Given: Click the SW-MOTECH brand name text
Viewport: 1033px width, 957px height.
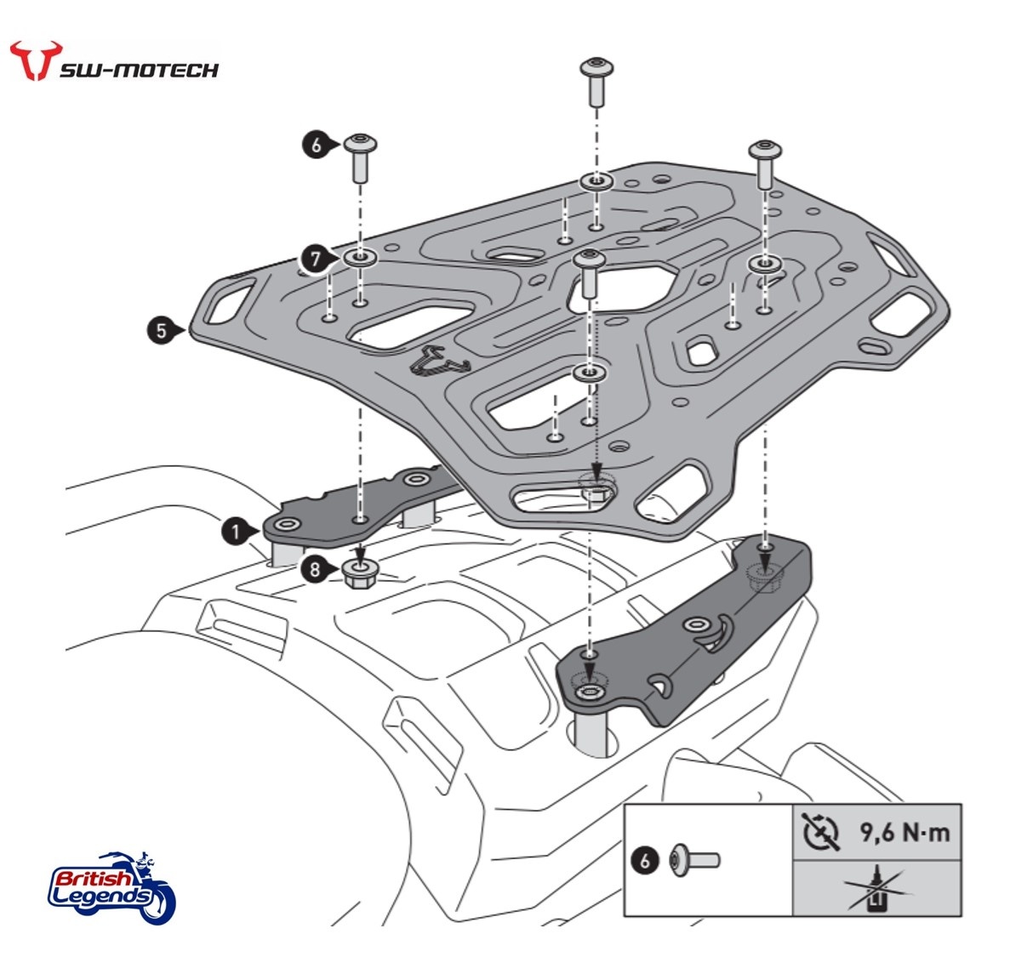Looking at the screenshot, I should (x=138, y=70).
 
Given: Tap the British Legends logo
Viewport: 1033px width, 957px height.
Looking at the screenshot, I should (x=111, y=886).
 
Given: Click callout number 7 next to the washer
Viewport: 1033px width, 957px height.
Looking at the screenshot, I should (x=316, y=258).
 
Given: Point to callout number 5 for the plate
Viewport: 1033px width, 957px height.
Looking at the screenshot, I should (x=162, y=330).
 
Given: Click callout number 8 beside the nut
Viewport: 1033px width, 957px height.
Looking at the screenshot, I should (x=316, y=569).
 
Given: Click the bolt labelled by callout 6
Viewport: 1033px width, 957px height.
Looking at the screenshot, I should (x=361, y=157).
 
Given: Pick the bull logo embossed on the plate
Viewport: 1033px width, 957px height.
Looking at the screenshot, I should (x=440, y=361).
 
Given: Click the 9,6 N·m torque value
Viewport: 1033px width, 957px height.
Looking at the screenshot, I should (x=903, y=832).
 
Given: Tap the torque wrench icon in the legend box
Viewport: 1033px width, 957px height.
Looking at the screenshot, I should (x=821, y=832).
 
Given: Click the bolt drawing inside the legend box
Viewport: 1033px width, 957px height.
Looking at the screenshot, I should (x=695, y=859).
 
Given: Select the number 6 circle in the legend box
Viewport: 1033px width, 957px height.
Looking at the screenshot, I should (x=645, y=860).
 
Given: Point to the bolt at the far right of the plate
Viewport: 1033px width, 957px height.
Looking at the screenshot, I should (x=762, y=163).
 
